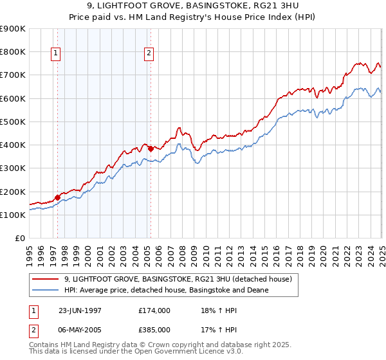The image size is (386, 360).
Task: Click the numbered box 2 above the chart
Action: click(149, 53)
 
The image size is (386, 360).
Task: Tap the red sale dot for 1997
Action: click(57, 197)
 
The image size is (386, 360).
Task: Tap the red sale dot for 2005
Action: click(151, 148)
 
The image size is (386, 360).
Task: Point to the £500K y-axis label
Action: click(13, 122)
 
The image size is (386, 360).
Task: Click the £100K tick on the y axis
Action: click(13, 215)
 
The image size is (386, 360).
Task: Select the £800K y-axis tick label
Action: click(13, 51)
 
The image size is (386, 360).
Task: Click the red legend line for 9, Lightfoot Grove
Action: click(46, 279)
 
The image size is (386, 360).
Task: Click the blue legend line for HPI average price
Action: click(46, 290)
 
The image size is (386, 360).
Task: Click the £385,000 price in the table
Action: click(154, 330)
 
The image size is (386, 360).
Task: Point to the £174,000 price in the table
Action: click(154, 309)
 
